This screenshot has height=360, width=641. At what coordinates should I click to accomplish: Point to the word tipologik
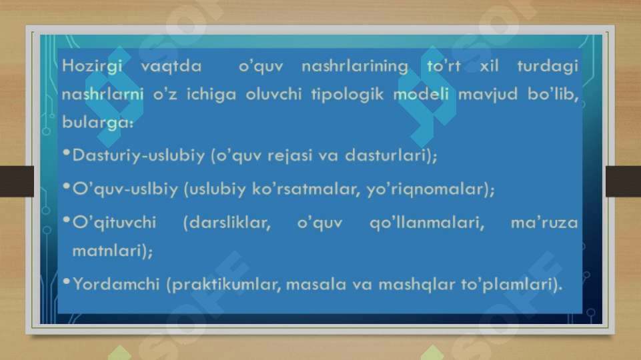(347, 95)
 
